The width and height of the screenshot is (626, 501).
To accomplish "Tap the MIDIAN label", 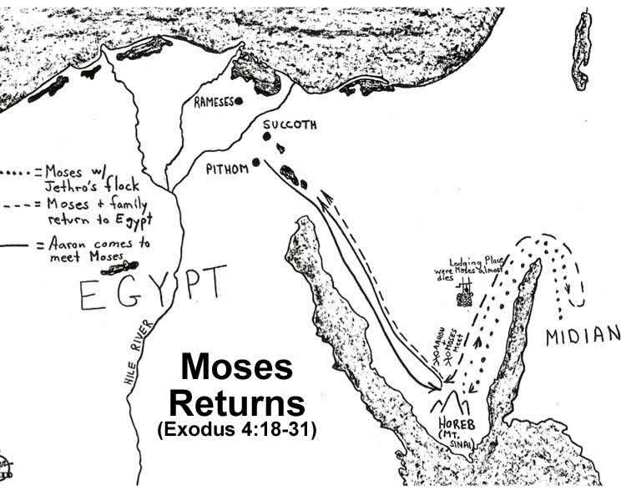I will pyautogui.click(x=583, y=336).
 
